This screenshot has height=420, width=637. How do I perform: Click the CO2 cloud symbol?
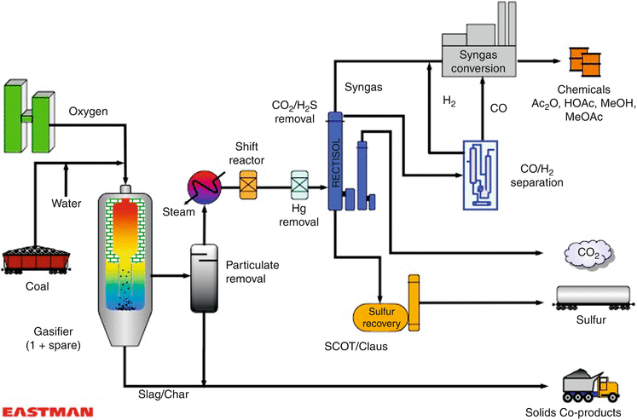point(588,253)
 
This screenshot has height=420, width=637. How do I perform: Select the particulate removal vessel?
point(205,277)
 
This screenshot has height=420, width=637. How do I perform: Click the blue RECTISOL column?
point(335,160)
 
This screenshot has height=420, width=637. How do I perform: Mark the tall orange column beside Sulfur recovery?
point(415,303)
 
